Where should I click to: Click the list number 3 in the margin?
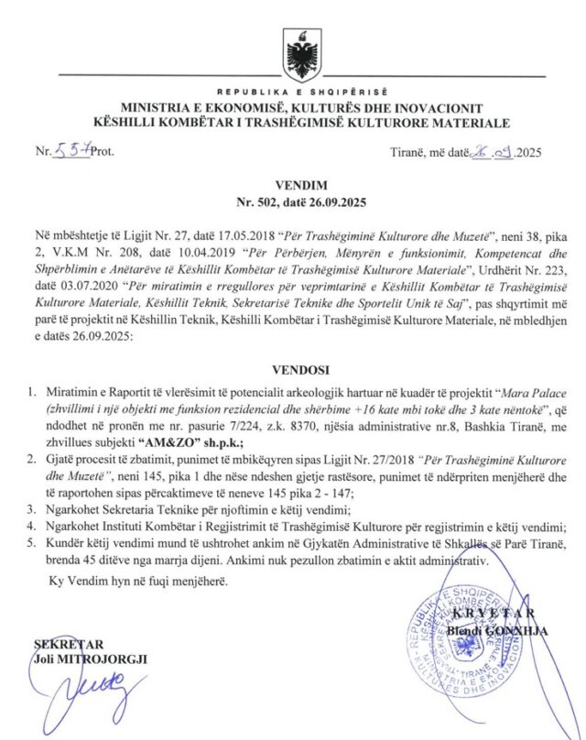(32, 509)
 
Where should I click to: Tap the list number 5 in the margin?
(32, 543)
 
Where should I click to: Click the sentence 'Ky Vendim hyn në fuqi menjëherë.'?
(136, 581)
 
